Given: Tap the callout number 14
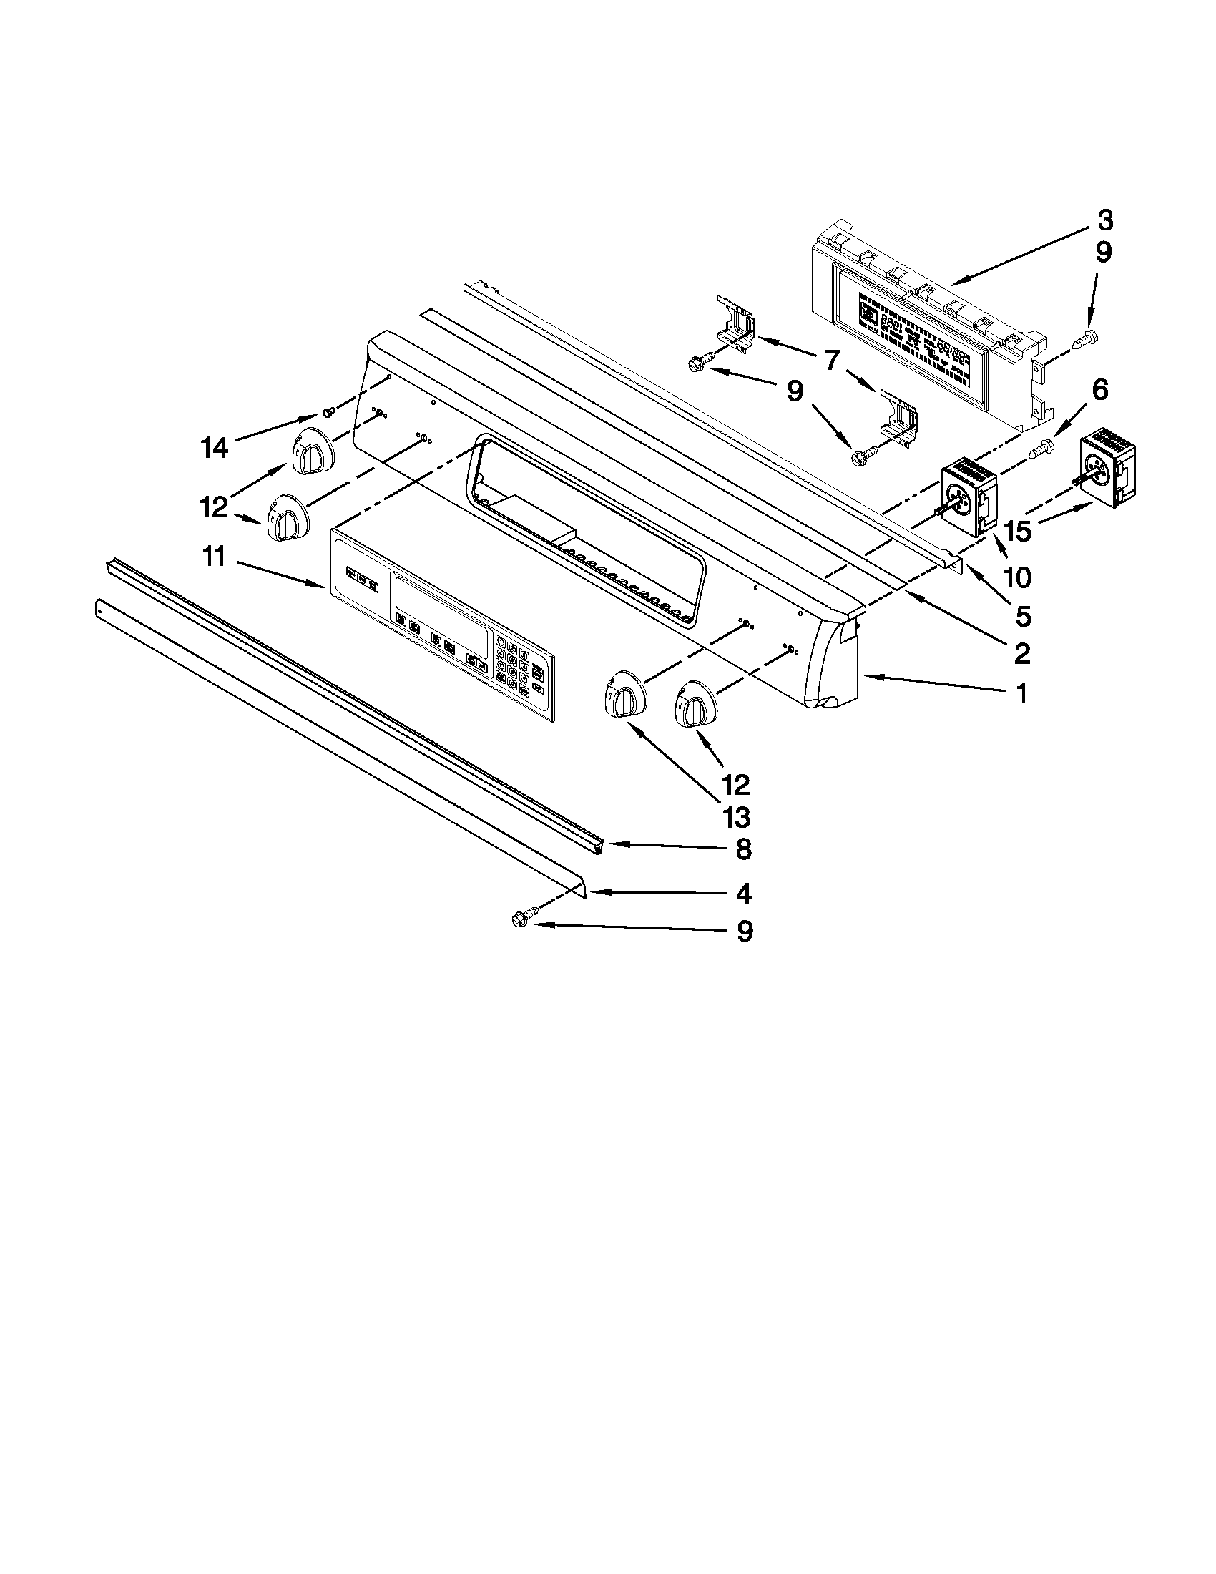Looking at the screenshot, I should coord(215,449).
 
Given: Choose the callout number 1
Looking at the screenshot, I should coord(1021,693).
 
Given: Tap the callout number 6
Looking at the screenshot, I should coord(1099,390).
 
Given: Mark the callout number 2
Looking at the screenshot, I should coord(1021,653).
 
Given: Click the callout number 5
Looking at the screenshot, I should coord(1023,615).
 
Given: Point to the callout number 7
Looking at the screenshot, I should coord(831,358).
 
